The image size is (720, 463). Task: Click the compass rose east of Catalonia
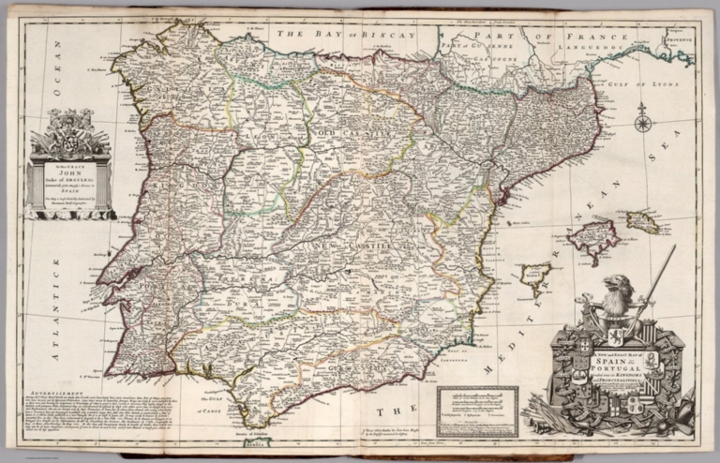pyautogui.click(x=643, y=122)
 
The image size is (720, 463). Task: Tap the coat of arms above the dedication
pyautogui.click(x=70, y=130)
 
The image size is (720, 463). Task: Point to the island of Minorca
pyautogui.click(x=667, y=221)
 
